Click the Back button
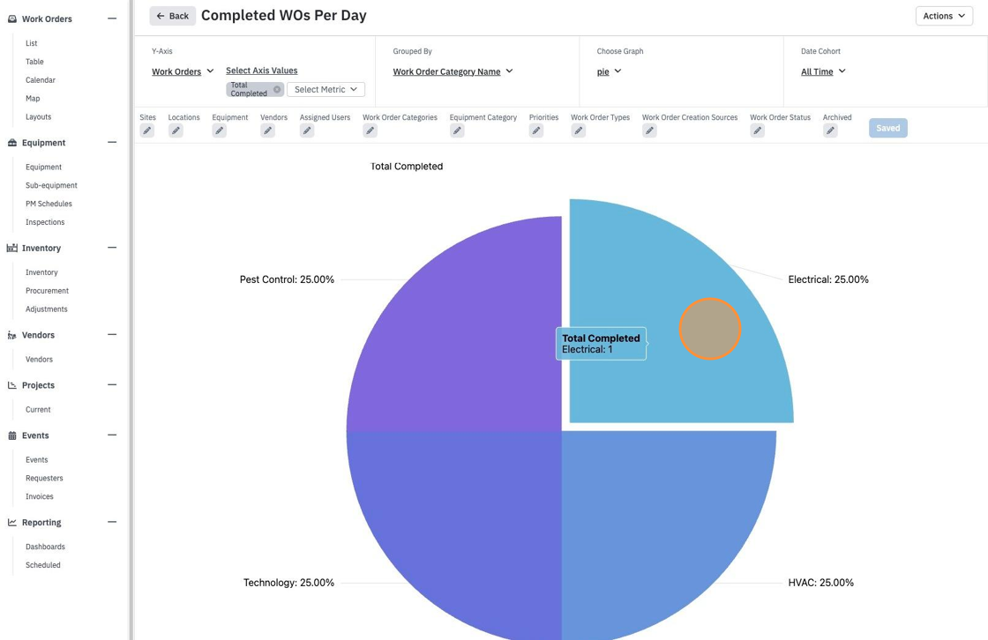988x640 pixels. point(172,16)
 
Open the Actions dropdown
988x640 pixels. point(944,16)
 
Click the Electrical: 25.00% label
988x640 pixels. point(828,279)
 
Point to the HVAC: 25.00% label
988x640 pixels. point(820,583)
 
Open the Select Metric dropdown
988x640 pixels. point(326,89)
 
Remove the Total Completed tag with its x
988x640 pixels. point(277,89)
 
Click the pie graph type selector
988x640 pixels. point(609,71)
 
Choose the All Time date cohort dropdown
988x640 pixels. point(823,71)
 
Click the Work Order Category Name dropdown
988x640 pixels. point(453,71)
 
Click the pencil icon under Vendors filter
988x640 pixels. point(268,130)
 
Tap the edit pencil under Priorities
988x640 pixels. point(536,130)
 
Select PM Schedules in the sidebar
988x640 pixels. point(49,204)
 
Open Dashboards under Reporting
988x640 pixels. point(45,547)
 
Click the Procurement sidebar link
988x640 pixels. point(48,291)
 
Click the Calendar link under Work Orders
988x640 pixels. point(41,80)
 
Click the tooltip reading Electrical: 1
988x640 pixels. point(601,344)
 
